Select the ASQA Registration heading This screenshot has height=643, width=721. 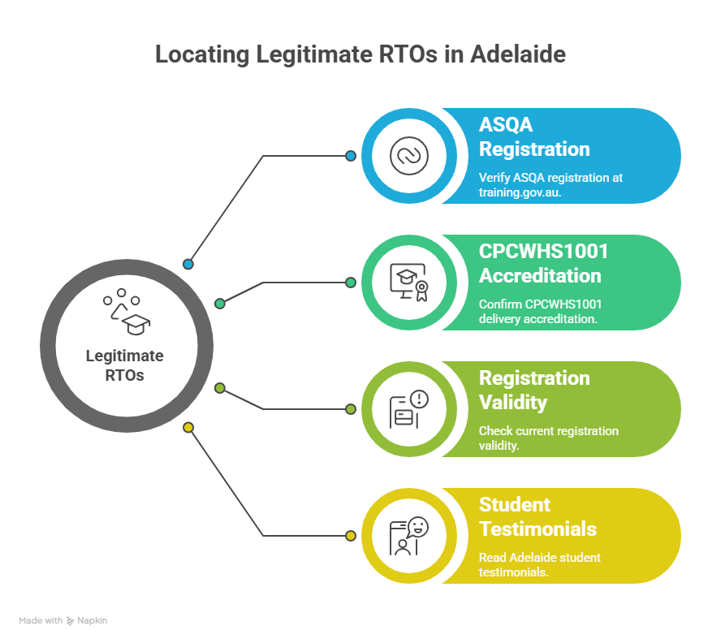coord(534,137)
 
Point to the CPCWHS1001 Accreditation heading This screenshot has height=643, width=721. coord(543,264)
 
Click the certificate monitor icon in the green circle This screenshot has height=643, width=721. coord(405,283)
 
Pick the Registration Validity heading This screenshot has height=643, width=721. coord(534,390)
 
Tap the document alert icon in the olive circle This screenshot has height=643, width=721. coord(405,409)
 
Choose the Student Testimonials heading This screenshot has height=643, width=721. coord(538,516)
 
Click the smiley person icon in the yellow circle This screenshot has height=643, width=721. coord(405,536)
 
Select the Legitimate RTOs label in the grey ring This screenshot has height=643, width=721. coord(124,365)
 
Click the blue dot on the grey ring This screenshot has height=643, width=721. coord(188,264)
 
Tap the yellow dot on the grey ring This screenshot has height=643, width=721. coord(188,427)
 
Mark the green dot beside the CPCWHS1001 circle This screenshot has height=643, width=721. coord(351,283)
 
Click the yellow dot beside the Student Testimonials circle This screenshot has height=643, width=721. coord(351,536)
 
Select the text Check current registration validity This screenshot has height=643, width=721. coord(548,438)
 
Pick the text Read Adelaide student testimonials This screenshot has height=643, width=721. coord(539,564)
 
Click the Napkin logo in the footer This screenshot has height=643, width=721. coord(86,620)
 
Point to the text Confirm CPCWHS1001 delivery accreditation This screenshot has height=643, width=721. coord(540,311)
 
